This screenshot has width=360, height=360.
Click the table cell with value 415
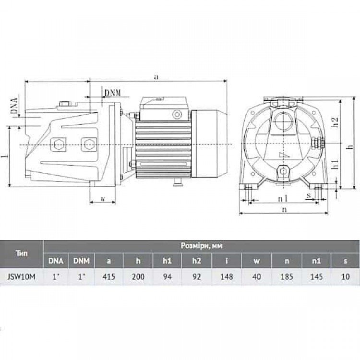[x=109, y=276]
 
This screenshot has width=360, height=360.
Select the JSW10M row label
[x=21, y=276]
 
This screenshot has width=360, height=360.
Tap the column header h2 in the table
[x=196, y=261]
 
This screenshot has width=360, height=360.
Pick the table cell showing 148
[x=227, y=276]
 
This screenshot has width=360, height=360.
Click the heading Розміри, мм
[x=202, y=246]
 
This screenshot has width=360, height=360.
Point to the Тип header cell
[x=22, y=253]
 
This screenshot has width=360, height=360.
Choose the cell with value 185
[x=287, y=276]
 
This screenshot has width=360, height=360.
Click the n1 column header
[x=316, y=261]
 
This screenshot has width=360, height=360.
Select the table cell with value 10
[x=345, y=276]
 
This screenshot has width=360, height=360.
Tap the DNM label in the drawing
[x=112, y=93]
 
